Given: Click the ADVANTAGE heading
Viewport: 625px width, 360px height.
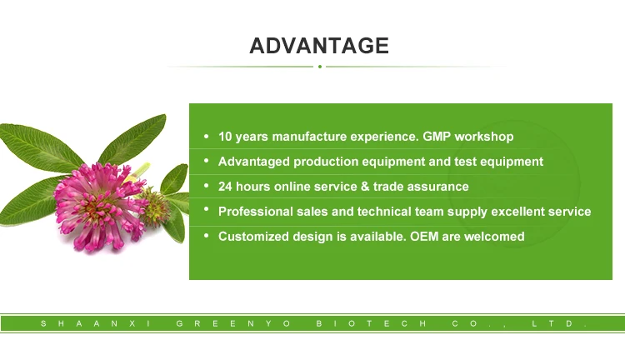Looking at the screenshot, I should point(319,45).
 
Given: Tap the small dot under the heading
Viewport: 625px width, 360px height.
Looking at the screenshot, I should point(320,67).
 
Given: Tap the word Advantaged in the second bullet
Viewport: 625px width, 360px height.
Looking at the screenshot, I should point(252,162).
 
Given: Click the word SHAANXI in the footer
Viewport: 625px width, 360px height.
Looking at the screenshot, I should point(91,322).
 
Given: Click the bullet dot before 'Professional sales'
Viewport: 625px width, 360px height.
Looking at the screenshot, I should point(206,212).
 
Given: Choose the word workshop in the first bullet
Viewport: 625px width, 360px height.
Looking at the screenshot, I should point(483,137).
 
